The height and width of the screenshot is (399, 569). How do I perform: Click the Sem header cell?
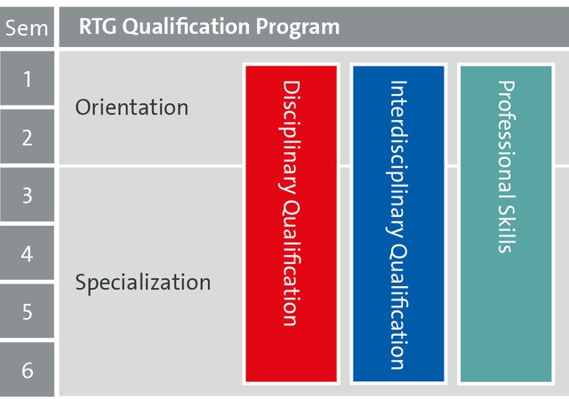pyautogui.click(x=27, y=28)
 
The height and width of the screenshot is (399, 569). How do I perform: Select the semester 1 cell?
pyautogui.click(x=27, y=78)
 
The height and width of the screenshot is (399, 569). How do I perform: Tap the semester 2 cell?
pyautogui.click(x=27, y=137)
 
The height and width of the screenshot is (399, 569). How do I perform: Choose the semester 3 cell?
pyautogui.click(x=27, y=195)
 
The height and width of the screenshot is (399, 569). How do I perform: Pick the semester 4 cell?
pyautogui.click(x=27, y=253)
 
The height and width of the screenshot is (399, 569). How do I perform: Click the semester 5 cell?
pyautogui.click(x=27, y=311)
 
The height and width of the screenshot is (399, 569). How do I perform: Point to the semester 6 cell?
pyautogui.click(x=27, y=370)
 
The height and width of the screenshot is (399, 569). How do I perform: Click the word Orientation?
pyautogui.click(x=132, y=108)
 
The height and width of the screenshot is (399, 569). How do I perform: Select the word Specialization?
pyautogui.click(x=143, y=283)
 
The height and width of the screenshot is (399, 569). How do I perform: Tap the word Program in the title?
pyautogui.click(x=298, y=28)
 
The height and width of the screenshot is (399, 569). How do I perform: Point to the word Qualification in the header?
pyautogui.click(x=186, y=27)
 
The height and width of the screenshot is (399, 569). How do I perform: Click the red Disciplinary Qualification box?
pyautogui.click(x=291, y=224)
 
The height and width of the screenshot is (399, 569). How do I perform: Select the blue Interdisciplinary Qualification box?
pyautogui.click(x=398, y=224)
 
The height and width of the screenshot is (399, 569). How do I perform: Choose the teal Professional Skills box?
pyautogui.click(x=506, y=224)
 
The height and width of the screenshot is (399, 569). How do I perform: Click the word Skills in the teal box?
pyautogui.click(x=507, y=229)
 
